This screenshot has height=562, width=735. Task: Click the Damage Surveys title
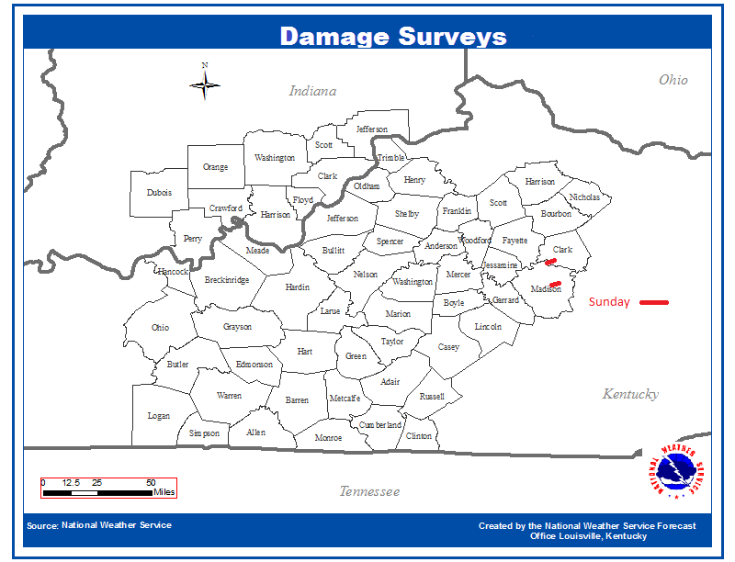[393, 36]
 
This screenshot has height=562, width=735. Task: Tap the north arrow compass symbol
[205, 84]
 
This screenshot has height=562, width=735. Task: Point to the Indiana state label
[312, 91]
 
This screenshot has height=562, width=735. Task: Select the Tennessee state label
[369, 491]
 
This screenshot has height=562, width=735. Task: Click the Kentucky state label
[630, 394]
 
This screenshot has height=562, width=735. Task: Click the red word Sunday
[610, 302]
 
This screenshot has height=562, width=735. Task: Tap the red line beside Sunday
[654, 302]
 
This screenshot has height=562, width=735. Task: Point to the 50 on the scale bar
[151, 482]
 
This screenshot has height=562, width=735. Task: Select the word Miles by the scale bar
[164, 493]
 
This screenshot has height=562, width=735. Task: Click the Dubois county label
[159, 193]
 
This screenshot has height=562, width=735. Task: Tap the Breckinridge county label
[226, 280]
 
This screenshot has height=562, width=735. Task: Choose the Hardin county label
[297, 287]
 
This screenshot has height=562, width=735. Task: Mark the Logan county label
[159, 416]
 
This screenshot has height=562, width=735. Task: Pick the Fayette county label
[514, 241]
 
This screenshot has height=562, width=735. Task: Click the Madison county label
[546, 288]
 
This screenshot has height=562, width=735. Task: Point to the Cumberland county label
[380, 425]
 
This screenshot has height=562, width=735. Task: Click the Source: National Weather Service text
[99, 525]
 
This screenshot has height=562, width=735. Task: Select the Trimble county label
[390, 158]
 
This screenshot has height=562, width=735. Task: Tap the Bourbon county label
[555, 214]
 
